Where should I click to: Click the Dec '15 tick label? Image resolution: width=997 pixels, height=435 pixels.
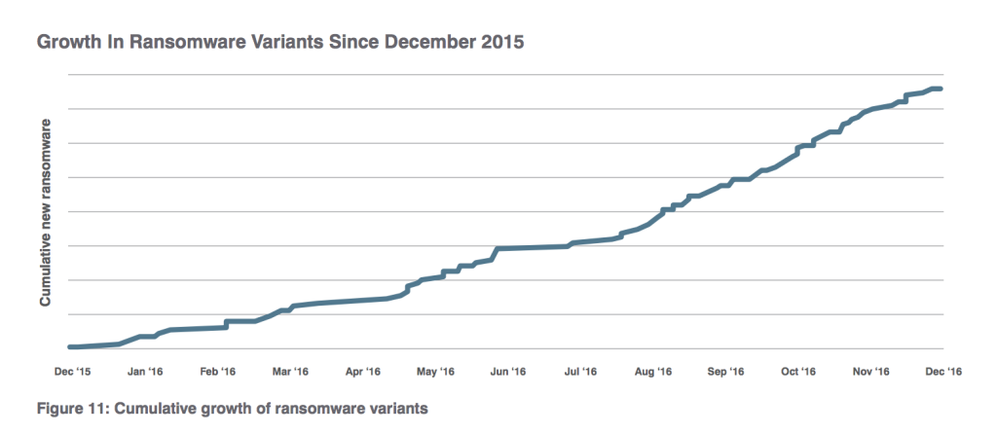73,371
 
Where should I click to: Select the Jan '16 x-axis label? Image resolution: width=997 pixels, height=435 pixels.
145,371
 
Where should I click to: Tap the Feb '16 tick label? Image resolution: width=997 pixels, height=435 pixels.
218,371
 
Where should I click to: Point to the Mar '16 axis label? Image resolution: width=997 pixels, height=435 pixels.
290,371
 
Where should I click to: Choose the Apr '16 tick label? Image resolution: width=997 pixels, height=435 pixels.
362,371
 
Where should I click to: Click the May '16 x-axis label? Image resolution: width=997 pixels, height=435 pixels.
435,371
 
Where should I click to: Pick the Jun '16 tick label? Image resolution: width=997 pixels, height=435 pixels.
507,371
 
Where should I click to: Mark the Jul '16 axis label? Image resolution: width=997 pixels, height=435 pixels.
580,371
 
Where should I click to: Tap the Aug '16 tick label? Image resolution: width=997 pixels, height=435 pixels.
652,371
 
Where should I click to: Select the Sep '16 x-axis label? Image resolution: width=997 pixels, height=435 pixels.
725,371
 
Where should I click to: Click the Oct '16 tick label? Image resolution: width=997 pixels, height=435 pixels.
797,371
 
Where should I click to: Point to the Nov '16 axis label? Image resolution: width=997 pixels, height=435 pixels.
870,371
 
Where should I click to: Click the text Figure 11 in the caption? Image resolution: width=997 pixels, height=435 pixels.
71,407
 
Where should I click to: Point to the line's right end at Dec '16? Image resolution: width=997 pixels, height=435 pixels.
940,89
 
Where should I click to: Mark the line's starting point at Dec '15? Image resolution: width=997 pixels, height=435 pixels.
70,346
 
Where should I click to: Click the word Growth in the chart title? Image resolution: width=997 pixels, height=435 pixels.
67,44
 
